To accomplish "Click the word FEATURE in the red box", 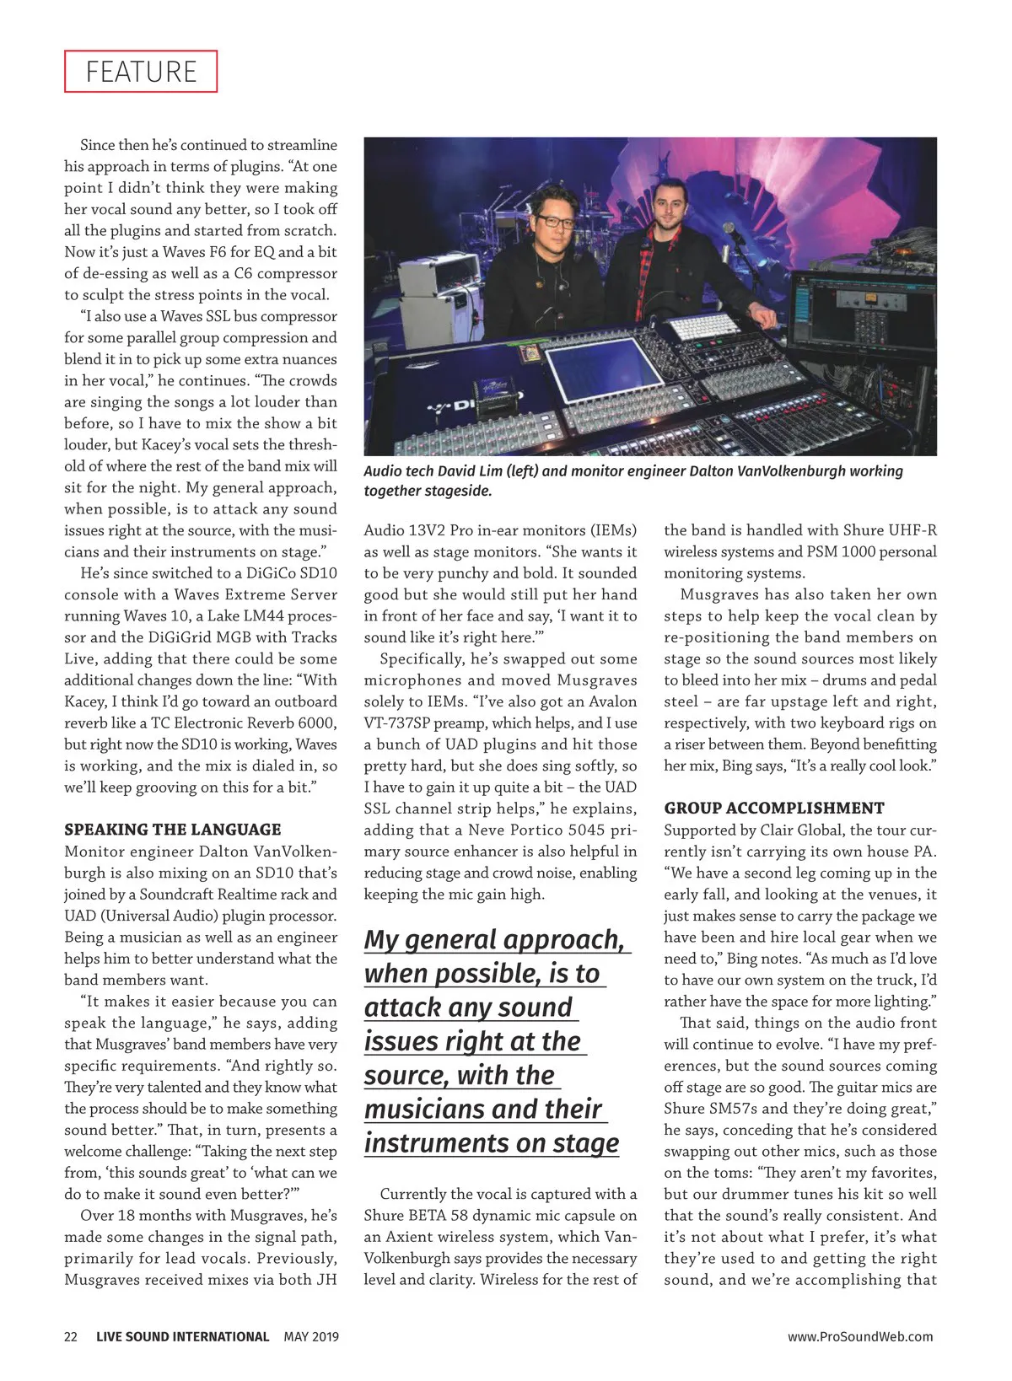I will click(x=141, y=72).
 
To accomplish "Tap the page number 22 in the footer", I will click(x=71, y=1336).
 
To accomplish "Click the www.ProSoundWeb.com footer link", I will click(x=860, y=1336).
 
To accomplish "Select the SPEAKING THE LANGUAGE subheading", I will click(x=173, y=830).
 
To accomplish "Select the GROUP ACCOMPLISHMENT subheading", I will click(x=774, y=808).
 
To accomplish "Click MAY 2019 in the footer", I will click(x=311, y=1336).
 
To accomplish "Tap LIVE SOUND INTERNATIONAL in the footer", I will click(x=182, y=1336).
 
